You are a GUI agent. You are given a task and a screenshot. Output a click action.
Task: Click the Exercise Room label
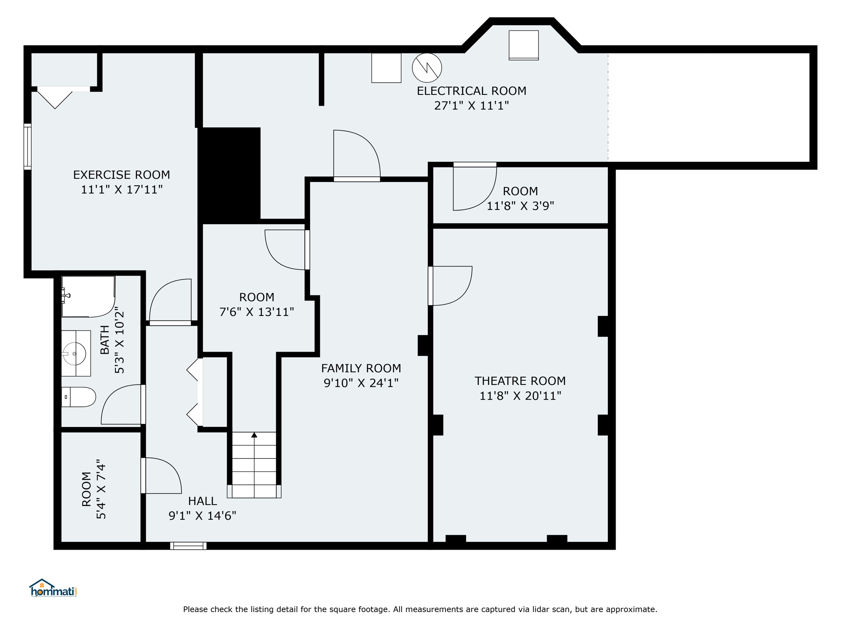tap(122, 175)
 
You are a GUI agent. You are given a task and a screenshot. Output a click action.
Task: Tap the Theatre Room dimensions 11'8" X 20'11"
tap(520, 396)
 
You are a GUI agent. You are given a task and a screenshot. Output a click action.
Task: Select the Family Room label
tap(361, 368)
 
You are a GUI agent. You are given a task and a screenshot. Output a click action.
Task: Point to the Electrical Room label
tap(471, 91)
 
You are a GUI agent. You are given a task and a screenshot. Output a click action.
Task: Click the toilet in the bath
tap(78, 397)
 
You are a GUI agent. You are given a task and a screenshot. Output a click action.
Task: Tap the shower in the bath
tap(88, 297)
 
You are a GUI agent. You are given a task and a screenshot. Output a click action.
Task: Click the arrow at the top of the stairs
tap(254, 435)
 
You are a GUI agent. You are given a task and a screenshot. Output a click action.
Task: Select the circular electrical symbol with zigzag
tap(427, 68)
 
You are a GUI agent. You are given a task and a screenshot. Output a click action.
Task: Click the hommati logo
tap(53, 588)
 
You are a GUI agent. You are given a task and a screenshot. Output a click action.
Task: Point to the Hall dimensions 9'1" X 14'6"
tap(202, 516)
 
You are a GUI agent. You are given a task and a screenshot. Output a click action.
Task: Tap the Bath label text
tap(105, 340)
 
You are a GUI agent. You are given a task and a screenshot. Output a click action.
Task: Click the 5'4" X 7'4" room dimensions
tap(101, 489)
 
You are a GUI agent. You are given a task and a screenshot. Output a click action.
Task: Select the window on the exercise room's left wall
tap(28, 147)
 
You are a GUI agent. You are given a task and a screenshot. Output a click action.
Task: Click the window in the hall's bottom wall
tap(188, 546)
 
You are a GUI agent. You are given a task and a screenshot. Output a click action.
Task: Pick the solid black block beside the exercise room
tap(229, 175)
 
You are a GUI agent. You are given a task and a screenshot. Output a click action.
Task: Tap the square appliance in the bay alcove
tap(524, 45)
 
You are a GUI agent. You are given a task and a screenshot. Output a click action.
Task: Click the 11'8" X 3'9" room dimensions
tap(520, 206)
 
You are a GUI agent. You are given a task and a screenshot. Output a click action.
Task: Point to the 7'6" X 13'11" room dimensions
tap(257, 312)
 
